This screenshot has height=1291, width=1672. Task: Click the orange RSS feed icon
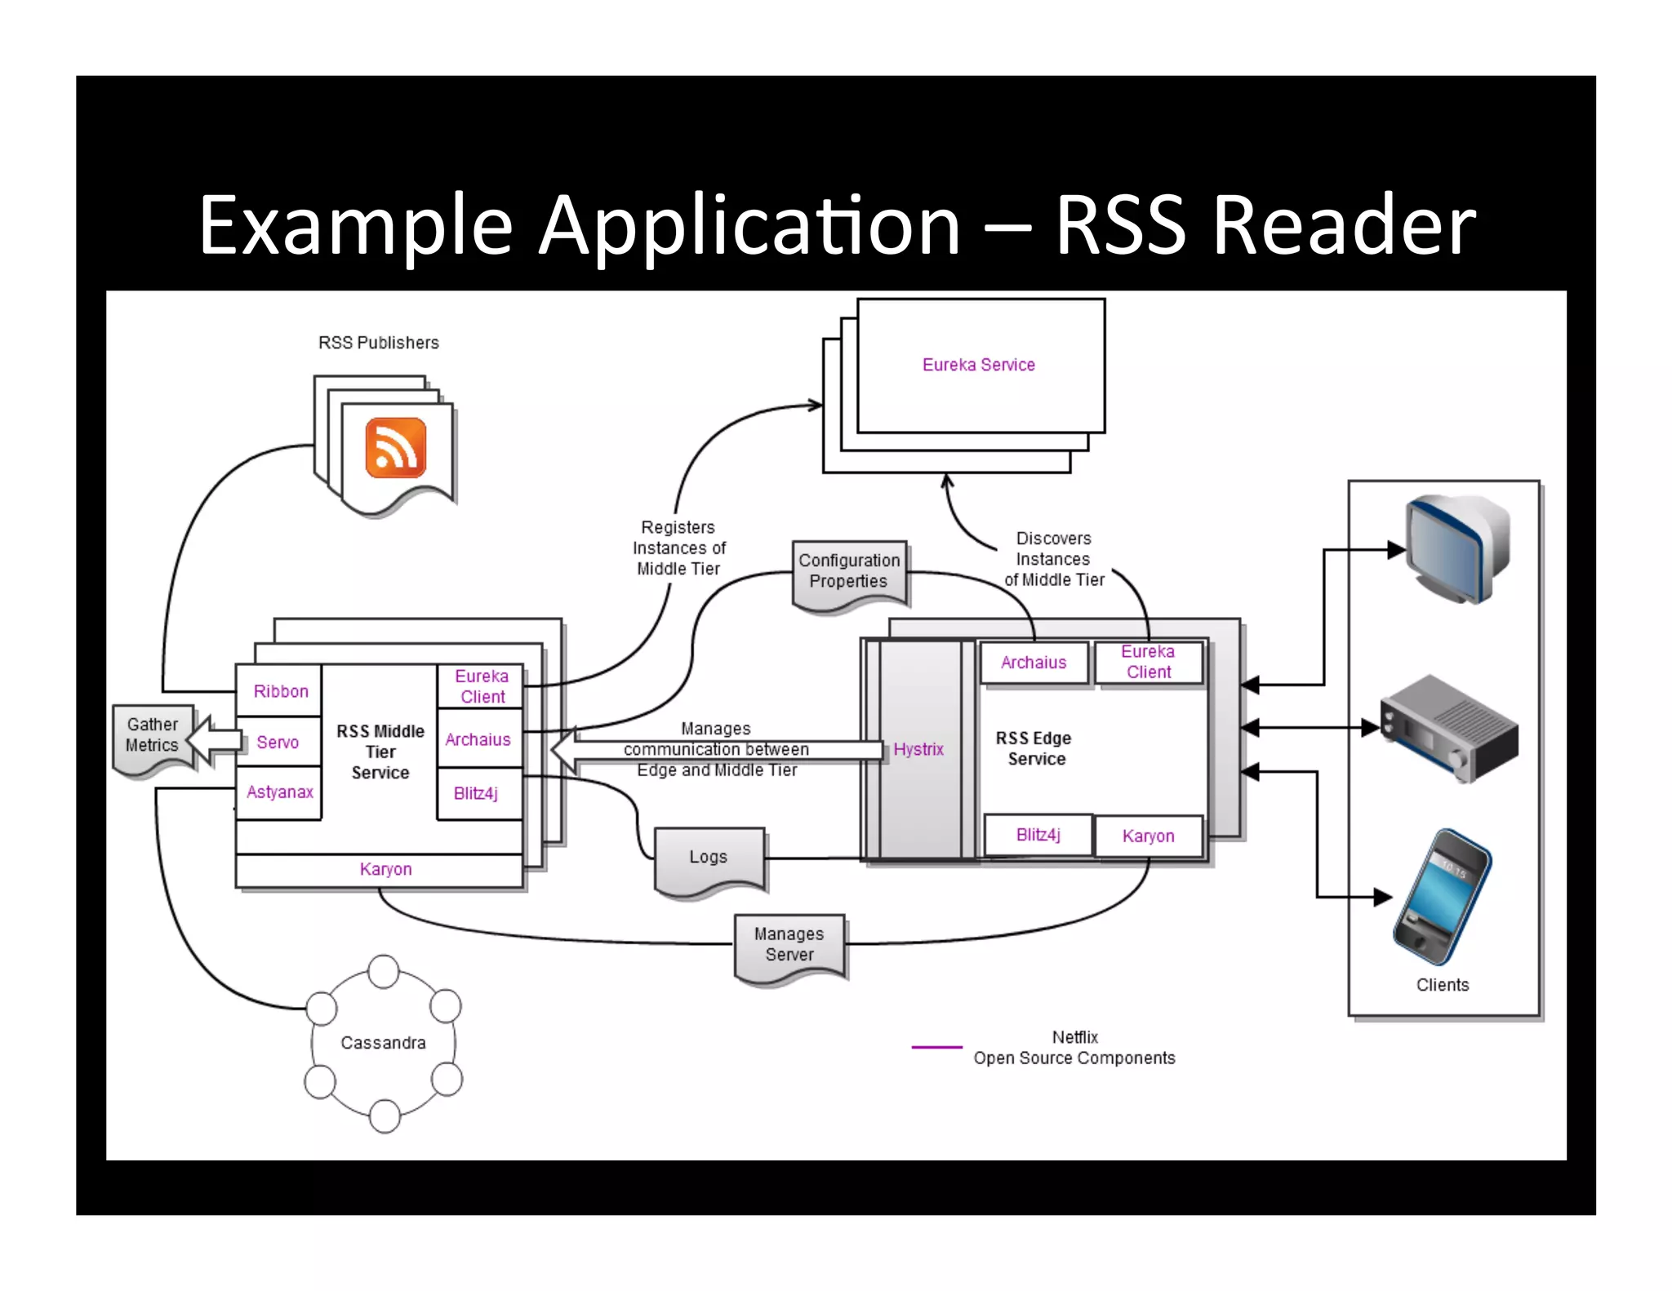[396, 447]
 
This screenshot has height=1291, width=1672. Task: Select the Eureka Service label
[978, 365]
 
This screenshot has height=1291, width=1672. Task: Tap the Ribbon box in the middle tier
[280, 691]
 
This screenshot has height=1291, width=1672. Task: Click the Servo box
[278, 742]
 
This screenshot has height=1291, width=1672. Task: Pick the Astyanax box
[279, 792]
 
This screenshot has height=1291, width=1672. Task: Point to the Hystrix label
[918, 749]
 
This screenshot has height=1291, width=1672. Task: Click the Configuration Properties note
[849, 572]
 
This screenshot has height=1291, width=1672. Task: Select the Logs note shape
[708, 858]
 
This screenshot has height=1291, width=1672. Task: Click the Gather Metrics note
[152, 735]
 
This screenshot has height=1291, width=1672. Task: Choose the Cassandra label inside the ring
[383, 1043]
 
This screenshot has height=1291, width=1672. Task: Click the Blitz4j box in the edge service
[1038, 835]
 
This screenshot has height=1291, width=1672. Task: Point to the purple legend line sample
[936, 1047]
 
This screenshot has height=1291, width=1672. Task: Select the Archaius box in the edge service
[1034, 663]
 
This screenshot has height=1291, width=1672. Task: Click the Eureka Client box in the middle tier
[481, 686]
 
